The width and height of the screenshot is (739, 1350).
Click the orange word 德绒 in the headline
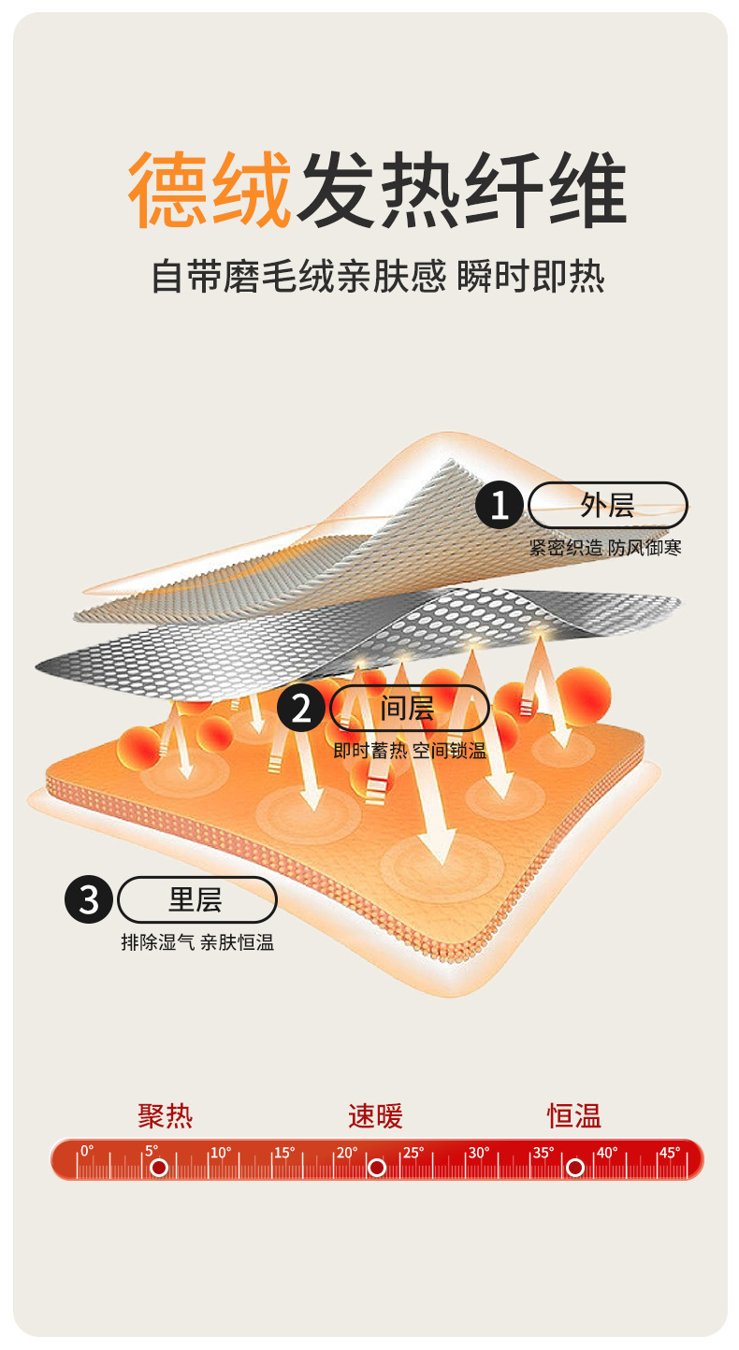(x=210, y=191)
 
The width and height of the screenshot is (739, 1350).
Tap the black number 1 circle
(x=500, y=506)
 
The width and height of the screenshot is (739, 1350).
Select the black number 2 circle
(x=301, y=709)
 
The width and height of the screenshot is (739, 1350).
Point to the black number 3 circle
(x=89, y=900)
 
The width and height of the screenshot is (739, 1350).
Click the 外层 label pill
(x=608, y=506)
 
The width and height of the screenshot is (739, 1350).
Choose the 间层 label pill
(x=409, y=708)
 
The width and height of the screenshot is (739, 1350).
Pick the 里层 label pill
(x=196, y=900)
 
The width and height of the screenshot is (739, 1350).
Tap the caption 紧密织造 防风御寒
(x=605, y=548)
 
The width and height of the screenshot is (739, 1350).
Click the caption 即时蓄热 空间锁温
(x=410, y=751)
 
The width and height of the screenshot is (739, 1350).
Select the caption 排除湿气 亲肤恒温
(x=197, y=942)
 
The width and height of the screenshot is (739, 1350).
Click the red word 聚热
(x=166, y=1115)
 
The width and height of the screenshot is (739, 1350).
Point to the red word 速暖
(x=375, y=1115)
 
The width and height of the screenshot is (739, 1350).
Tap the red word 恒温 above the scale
(x=574, y=1115)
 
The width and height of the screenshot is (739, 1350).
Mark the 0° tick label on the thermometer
(x=87, y=1151)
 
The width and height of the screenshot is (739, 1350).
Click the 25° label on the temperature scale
(x=413, y=1152)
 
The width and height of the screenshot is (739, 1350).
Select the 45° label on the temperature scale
(x=670, y=1152)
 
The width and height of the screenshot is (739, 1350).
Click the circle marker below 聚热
(x=159, y=1167)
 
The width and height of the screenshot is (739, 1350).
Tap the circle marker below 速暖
(x=377, y=1167)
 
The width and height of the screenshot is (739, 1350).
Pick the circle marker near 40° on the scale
(x=575, y=1167)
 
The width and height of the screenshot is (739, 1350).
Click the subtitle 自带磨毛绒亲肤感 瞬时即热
(x=378, y=278)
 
